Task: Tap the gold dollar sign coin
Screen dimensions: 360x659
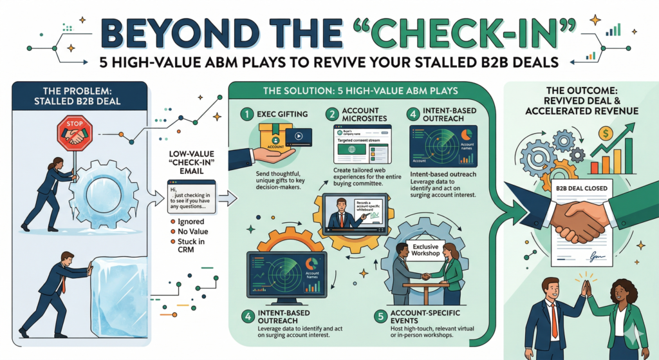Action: click(604, 133)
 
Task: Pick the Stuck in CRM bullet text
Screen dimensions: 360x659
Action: click(189, 248)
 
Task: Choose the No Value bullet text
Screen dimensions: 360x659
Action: click(192, 231)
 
